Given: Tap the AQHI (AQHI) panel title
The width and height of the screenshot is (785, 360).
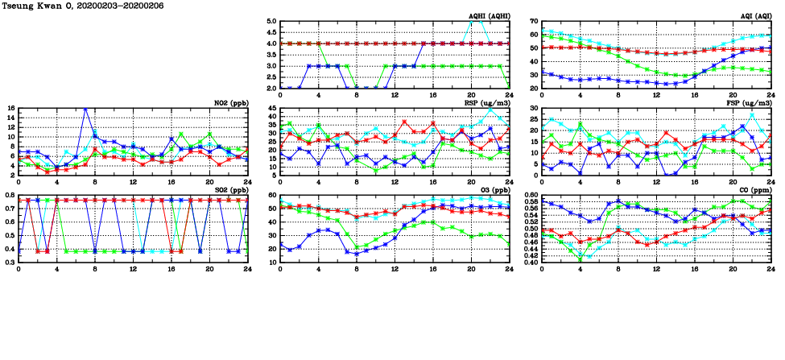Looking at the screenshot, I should click(x=488, y=16).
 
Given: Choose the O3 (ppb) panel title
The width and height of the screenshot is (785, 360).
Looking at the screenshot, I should click(x=492, y=190).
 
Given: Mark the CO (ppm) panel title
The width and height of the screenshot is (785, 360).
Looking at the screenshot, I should click(x=752, y=190).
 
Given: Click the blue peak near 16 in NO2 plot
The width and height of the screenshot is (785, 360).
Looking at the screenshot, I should click(x=85, y=108).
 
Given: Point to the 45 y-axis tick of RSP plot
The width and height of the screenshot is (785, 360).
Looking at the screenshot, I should click(x=272, y=108).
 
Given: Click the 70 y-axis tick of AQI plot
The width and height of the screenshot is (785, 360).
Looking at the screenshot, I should click(x=534, y=21).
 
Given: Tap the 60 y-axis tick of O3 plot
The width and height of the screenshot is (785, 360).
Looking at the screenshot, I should click(x=272, y=195).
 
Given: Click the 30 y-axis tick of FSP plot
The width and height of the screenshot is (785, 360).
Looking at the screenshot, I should click(x=534, y=108).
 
